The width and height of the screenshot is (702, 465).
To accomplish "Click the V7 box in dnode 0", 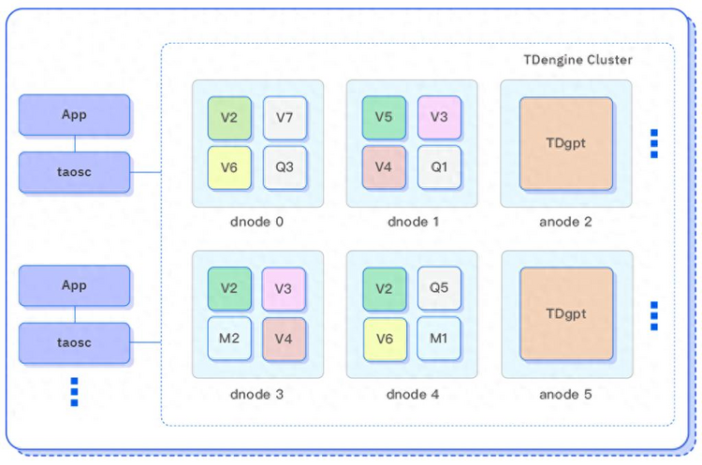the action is point(285,118).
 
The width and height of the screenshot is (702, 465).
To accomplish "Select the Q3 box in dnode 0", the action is point(285,167).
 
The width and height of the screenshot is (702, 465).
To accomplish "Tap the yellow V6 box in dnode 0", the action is point(229,167).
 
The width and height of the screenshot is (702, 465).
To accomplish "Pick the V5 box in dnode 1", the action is point(384,117).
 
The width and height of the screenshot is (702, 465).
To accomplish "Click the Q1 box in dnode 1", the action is point(439,167).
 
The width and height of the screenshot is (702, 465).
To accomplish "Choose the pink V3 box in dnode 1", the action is point(439,117).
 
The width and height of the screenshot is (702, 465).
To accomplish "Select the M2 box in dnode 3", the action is point(229,339).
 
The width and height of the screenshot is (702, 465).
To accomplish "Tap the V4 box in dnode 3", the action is point(284,339).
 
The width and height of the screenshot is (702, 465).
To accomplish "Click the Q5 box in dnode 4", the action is point(439,288).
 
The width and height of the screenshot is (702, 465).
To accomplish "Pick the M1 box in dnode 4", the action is point(439,339).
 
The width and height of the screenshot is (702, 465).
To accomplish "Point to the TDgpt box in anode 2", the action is point(566,144).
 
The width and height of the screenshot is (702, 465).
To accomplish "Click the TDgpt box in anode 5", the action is point(566,313).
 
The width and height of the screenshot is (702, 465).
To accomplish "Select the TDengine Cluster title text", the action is point(578,60).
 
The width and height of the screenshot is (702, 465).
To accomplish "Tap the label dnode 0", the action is point(256,222).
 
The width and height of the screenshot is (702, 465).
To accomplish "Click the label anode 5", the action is point(565,394).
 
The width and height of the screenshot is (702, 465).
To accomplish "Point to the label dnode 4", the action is point(413,394).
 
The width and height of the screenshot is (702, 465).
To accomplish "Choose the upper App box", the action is point(74,115).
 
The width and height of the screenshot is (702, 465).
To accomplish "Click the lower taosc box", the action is point(74,343).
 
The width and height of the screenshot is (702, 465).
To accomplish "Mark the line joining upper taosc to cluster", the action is point(145,172).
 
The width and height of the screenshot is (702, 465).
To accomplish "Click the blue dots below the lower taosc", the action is point(74,392).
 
